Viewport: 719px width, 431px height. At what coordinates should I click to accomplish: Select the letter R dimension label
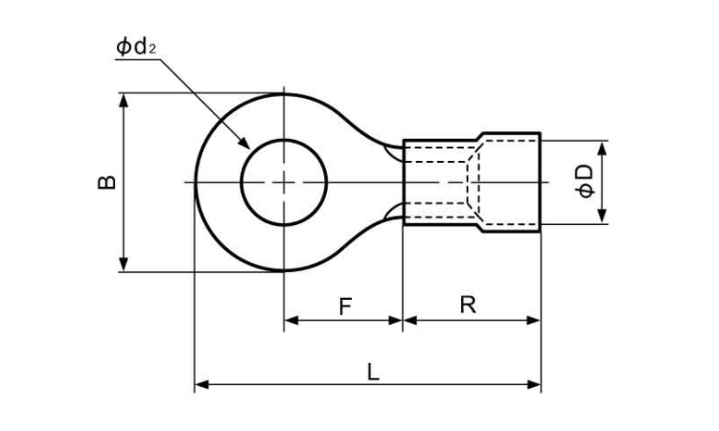tap(468, 305)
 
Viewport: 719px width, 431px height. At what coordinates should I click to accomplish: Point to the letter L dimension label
tap(373, 370)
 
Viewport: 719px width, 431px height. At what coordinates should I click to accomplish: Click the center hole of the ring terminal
tap(285, 182)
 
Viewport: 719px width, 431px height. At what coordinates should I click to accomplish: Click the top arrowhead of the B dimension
tap(124, 99)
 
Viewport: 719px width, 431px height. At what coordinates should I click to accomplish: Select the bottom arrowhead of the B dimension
tap(124, 265)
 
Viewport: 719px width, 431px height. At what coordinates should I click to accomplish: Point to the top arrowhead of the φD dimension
tap(603, 147)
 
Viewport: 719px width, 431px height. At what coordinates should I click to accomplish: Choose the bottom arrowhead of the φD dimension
tap(603, 218)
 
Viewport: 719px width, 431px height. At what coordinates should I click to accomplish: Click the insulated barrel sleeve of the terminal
tap(441, 182)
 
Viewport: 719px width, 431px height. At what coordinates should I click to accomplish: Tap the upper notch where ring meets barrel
tap(394, 149)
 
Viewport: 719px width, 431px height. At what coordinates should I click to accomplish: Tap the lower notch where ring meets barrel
tap(394, 214)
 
